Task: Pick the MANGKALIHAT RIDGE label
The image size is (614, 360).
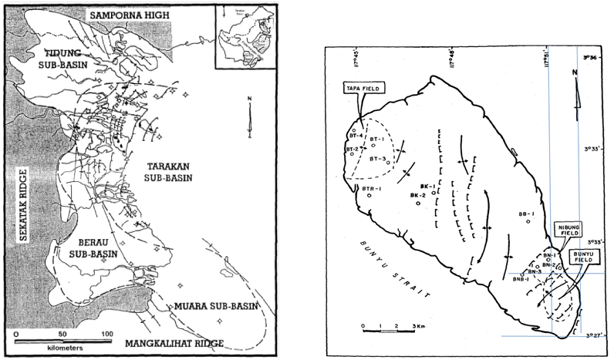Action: (172, 342)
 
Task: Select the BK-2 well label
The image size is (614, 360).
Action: (409, 195)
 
